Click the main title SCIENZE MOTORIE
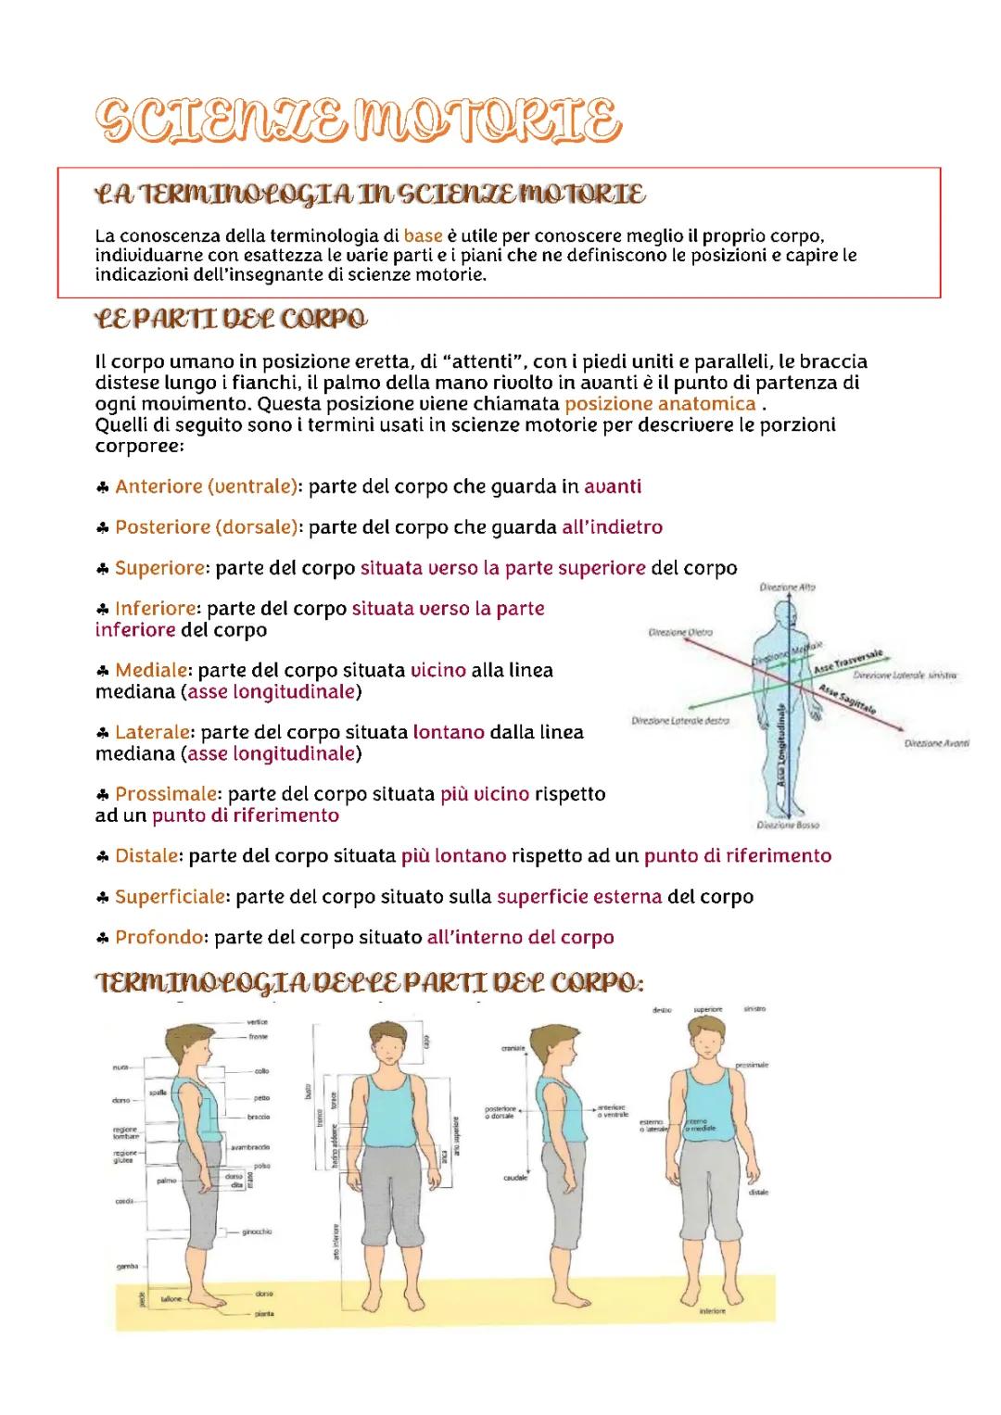[358, 121]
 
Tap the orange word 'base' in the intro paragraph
[423, 235]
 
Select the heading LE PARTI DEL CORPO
[231, 319]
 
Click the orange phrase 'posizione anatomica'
[660, 404]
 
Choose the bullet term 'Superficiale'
[170, 897]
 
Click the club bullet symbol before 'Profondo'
[103, 938]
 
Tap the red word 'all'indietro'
[612, 527]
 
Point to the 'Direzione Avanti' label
[936, 743]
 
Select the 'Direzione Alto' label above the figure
[787, 587]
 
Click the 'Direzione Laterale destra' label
[680, 720]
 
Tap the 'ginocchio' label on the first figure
[257, 1232]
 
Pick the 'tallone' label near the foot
[172, 1300]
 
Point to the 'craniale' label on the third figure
[513, 1048]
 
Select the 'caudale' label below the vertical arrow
[515, 1178]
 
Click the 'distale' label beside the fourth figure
[758, 1193]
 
